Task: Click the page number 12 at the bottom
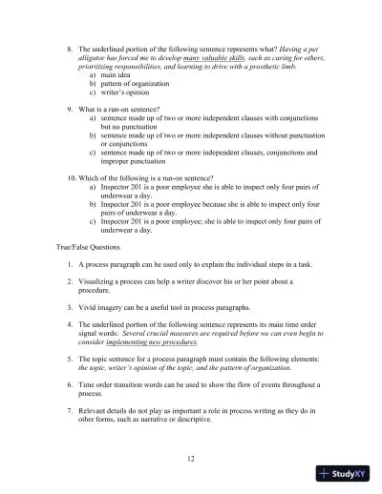coord(191,459)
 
